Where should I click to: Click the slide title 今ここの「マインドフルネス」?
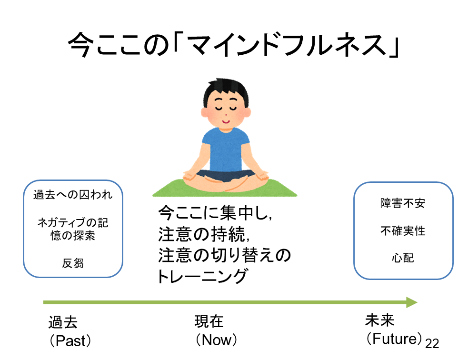coord(233,46)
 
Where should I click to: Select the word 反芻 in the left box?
coord(73,263)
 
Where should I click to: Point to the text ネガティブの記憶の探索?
coord(73,229)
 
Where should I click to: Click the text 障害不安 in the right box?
coord(403,204)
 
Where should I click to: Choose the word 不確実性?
coord(403,231)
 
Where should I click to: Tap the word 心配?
coord(403,258)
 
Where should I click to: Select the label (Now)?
coord(216,340)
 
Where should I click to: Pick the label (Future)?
coord(395,339)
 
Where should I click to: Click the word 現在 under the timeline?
coord(209,322)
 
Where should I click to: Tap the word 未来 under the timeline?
coord(379,320)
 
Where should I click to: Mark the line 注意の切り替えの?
coord(224,255)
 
